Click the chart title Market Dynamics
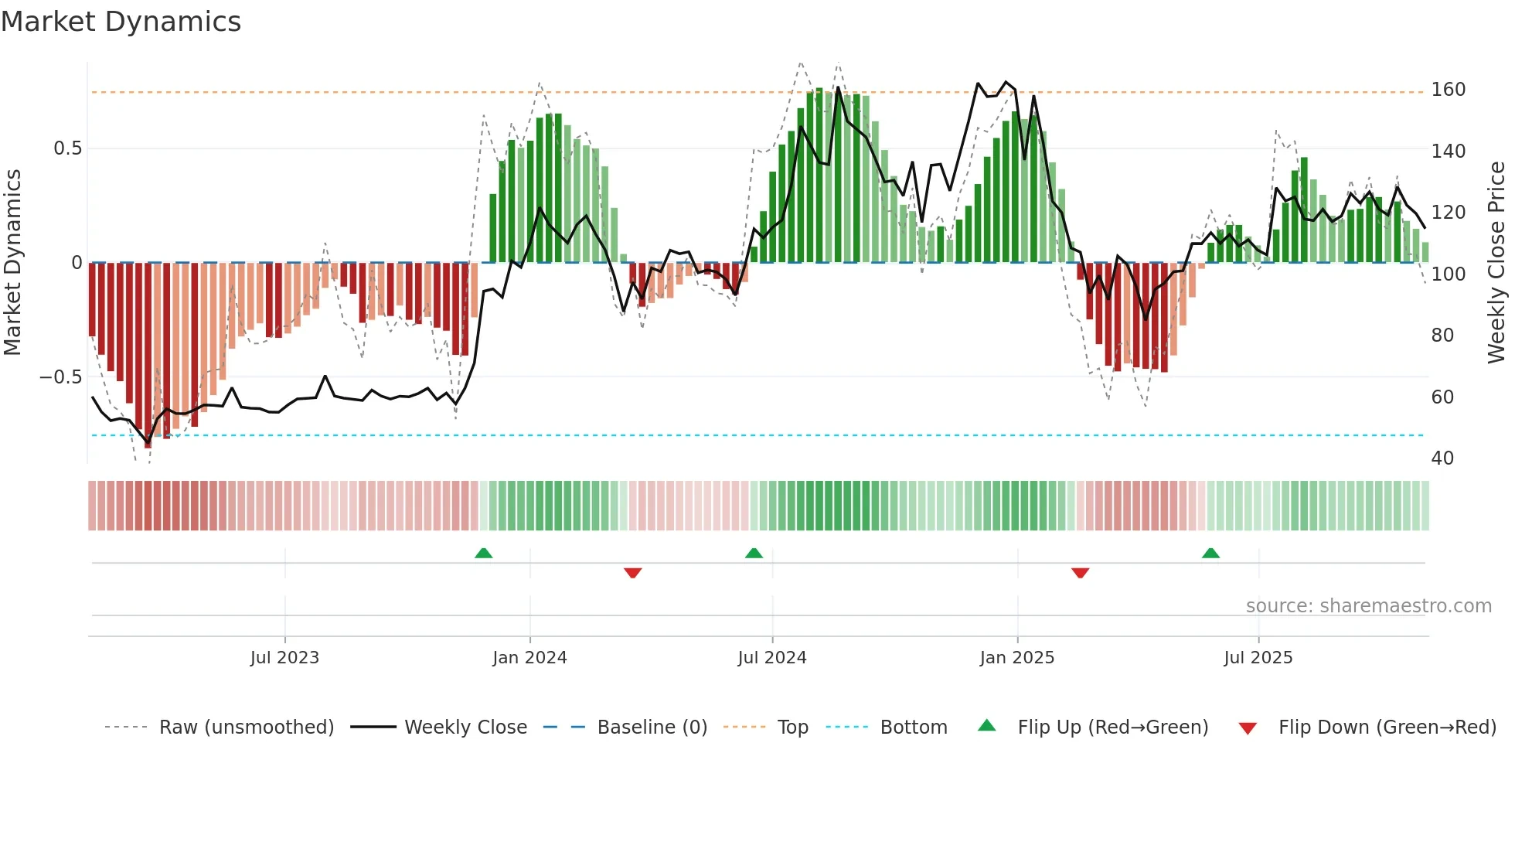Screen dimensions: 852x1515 click(121, 22)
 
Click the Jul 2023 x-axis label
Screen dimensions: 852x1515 click(284, 658)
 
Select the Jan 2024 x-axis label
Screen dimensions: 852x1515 click(529, 658)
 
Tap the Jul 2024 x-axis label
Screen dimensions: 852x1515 click(771, 658)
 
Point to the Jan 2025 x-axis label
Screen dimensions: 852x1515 click(1016, 658)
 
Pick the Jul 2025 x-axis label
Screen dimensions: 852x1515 click(1258, 658)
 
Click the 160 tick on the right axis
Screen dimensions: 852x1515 click(1448, 90)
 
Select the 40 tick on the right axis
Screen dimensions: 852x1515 click(1442, 458)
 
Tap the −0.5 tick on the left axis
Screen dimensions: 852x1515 click(60, 377)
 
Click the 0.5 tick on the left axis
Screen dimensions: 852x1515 click(67, 148)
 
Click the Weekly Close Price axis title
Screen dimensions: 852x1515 click(1496, 262)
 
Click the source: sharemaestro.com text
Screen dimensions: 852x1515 click(1368, 606)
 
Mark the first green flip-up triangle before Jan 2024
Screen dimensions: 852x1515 click(483, 553)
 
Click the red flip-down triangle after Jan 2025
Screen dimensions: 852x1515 click(1080, 573)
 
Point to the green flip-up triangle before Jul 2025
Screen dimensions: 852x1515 click(1210, 553)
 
